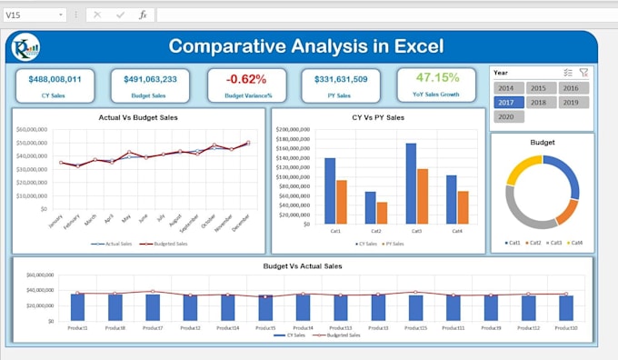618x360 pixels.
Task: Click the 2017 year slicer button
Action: coord(505,103)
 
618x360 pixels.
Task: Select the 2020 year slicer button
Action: coord(505,116)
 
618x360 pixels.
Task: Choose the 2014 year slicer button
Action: coord(505,88)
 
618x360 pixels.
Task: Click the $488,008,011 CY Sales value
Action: coord(55,79)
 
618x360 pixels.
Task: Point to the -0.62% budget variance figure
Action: coord(247,79)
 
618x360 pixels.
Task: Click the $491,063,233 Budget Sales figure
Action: coord(150,79)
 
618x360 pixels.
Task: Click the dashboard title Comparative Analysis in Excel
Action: coord(306,45)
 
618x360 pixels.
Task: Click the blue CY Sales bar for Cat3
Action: coord(411,184)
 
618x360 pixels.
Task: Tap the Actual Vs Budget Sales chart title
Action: coord(138,117)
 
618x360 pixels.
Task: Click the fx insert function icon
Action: coord(143,15)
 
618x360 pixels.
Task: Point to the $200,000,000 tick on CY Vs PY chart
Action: coord(294,130)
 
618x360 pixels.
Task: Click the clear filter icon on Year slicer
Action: coord(583,72)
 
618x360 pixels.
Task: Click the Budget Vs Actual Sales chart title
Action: coord(302,265)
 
